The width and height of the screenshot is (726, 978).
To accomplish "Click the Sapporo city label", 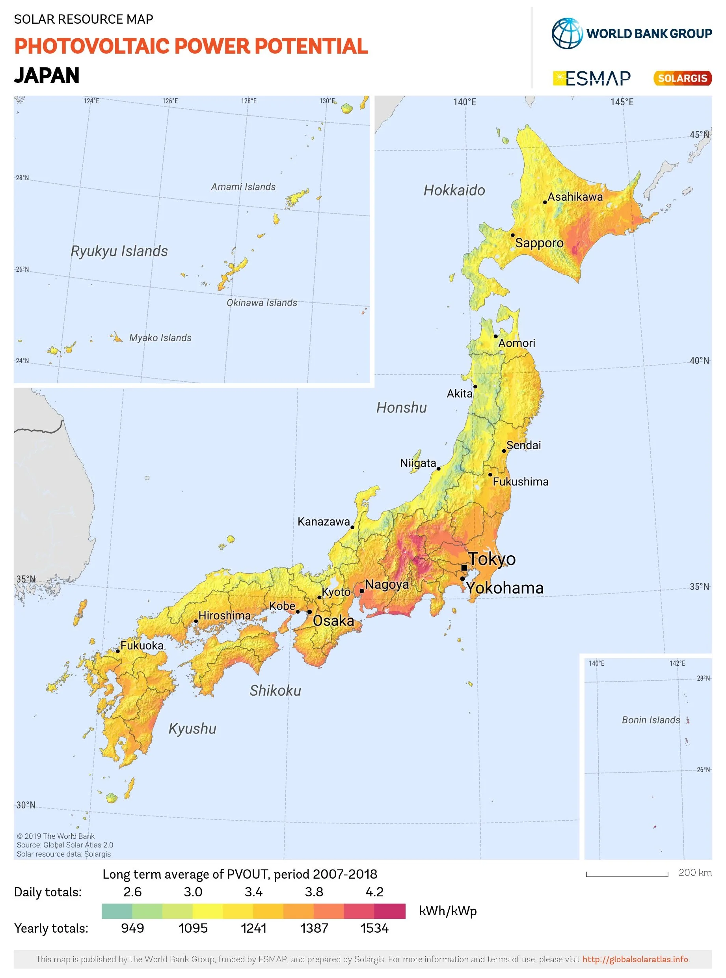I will tap(539, 243).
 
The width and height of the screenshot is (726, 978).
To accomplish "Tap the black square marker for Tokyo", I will tap(464, 568).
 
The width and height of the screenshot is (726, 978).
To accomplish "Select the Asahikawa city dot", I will tap(545, 202).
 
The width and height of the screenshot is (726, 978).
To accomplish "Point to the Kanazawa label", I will tap(324, 522).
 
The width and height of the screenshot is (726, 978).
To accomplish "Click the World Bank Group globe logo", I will tap(567, 34).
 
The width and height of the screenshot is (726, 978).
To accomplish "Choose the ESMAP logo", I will tap(592, 78).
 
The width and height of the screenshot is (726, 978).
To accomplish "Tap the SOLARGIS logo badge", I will tap(683, 78).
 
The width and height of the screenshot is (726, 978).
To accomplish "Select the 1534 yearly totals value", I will tap(374, 928).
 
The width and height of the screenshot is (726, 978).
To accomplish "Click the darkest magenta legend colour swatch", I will tap(390, 911).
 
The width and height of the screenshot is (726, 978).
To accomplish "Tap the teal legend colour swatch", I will tap(117, 911).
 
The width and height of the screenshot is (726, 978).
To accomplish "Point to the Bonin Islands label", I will tap(650, 720).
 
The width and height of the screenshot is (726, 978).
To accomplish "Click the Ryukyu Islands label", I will tap(119, 251).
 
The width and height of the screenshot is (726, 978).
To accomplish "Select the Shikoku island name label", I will tap(275, 691).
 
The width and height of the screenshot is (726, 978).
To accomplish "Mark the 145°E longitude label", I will tap(622, 102).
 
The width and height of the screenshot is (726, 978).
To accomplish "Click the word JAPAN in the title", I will tap(47, 76).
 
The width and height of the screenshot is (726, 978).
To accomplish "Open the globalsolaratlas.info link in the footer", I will tap(635, 959).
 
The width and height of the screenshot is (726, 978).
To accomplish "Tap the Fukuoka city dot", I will tap(118, 651).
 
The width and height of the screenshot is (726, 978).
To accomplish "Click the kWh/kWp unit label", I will tap(447, 911).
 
